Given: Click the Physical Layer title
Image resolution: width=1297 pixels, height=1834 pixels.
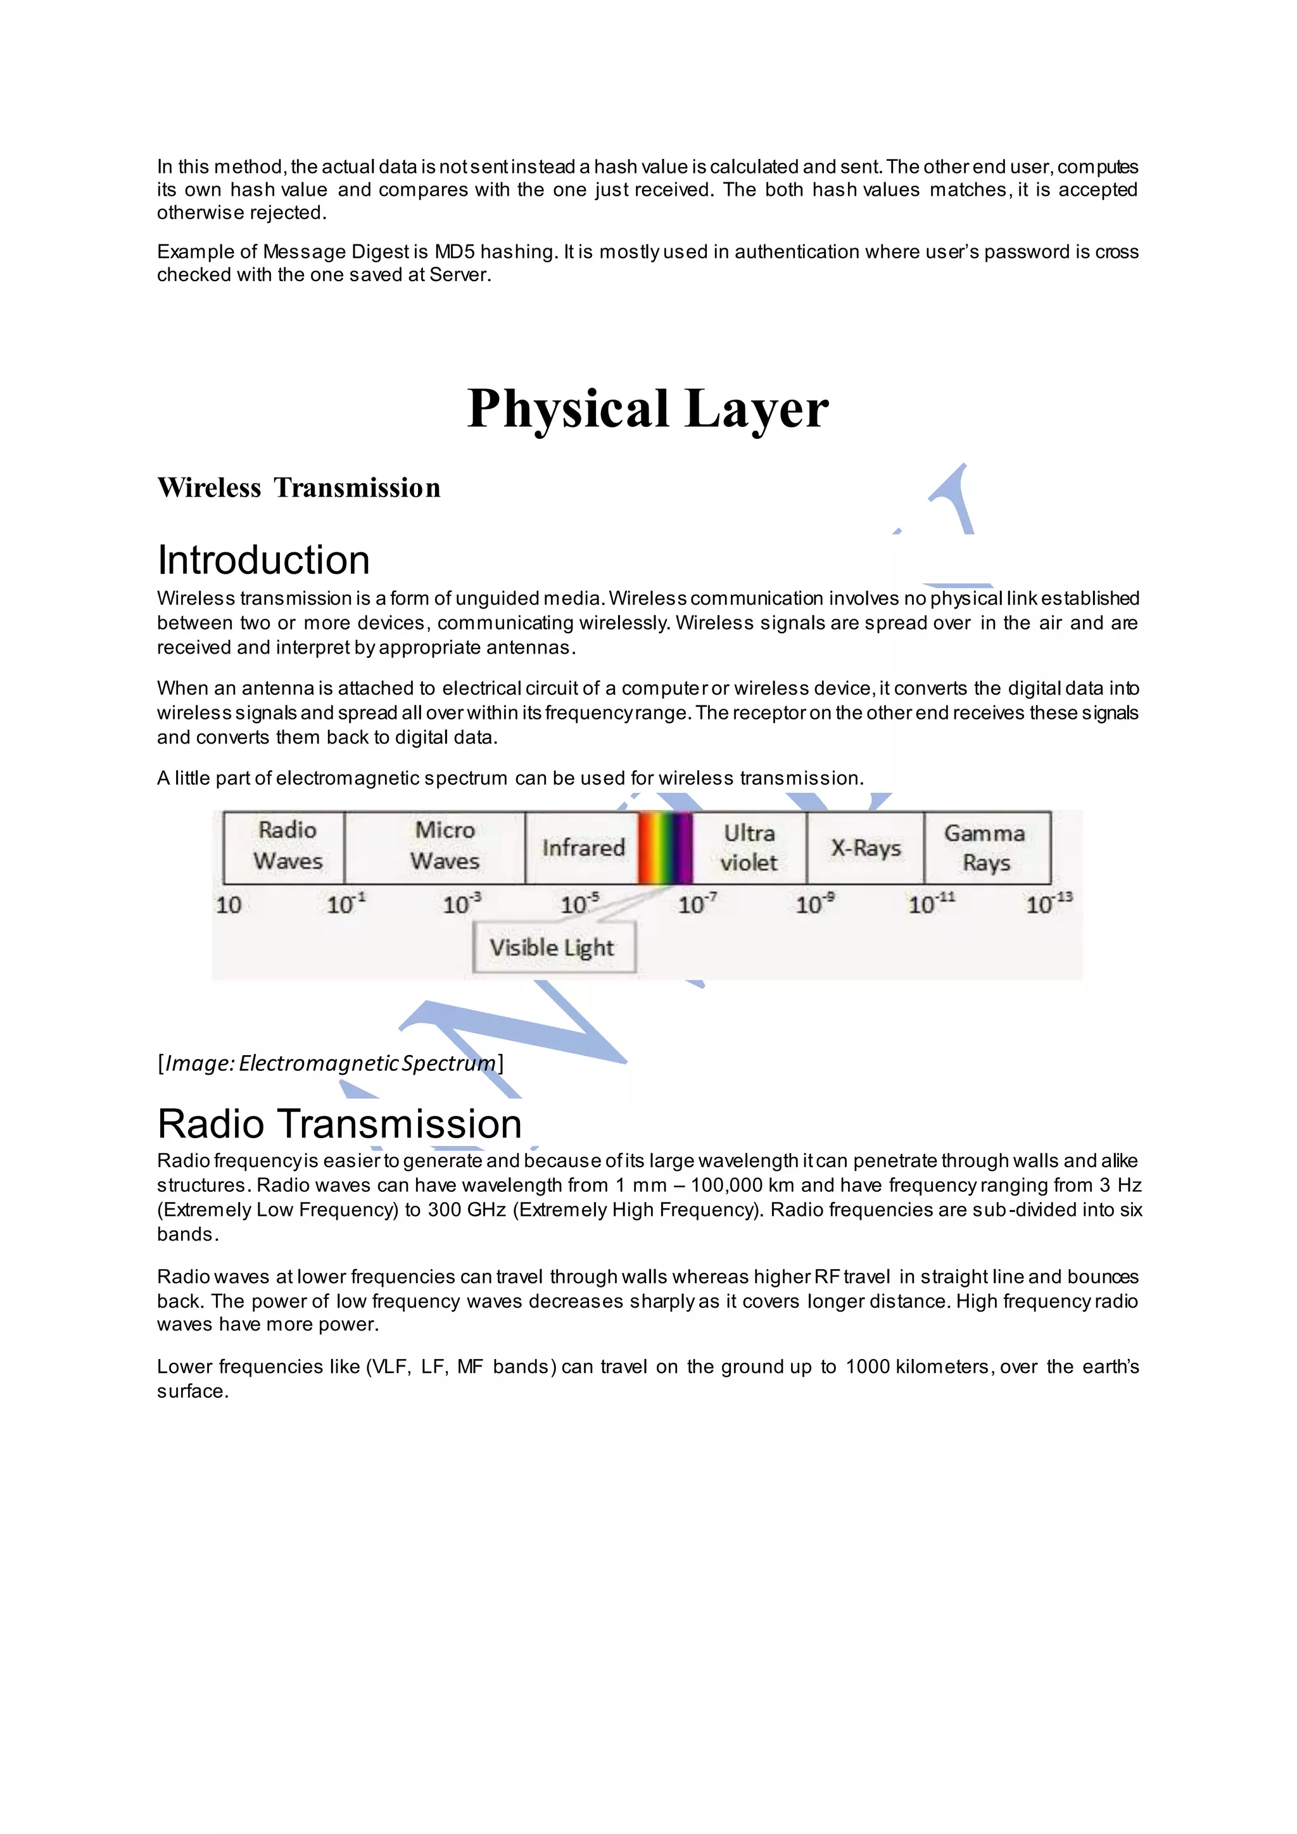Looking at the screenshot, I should [648, 409].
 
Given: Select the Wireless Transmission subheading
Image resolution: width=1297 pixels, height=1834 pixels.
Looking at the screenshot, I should [299, 488].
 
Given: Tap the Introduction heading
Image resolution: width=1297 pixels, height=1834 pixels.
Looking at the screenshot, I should [263, 560].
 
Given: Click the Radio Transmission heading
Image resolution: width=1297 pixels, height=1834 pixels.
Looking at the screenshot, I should [339, 1124].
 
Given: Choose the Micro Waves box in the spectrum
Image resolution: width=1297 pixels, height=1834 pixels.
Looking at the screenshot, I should [444, 846].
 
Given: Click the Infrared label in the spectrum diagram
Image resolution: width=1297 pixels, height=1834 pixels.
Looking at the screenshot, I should [583, 847].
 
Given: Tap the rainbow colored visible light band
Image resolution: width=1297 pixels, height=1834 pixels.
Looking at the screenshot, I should [665, 847].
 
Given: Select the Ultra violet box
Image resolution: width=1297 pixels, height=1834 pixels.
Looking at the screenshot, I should [749, 847].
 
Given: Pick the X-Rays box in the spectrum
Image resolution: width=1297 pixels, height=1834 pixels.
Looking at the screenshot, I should [866, 847].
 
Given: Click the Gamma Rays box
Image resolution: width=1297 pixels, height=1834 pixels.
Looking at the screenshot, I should [985, 847].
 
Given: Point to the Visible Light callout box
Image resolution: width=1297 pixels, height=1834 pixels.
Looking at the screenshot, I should [553, 947].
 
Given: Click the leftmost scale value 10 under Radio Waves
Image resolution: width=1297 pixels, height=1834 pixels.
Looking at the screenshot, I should [229, 905].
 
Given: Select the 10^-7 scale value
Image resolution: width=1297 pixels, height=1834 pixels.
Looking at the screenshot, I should [697, 904].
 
